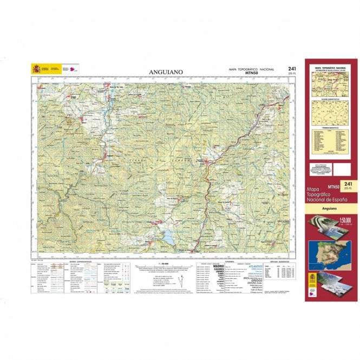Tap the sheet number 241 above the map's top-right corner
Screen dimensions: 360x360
point(292,68)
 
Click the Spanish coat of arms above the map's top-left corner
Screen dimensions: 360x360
point(36,69)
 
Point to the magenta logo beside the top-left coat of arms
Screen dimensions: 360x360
point(71,69)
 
